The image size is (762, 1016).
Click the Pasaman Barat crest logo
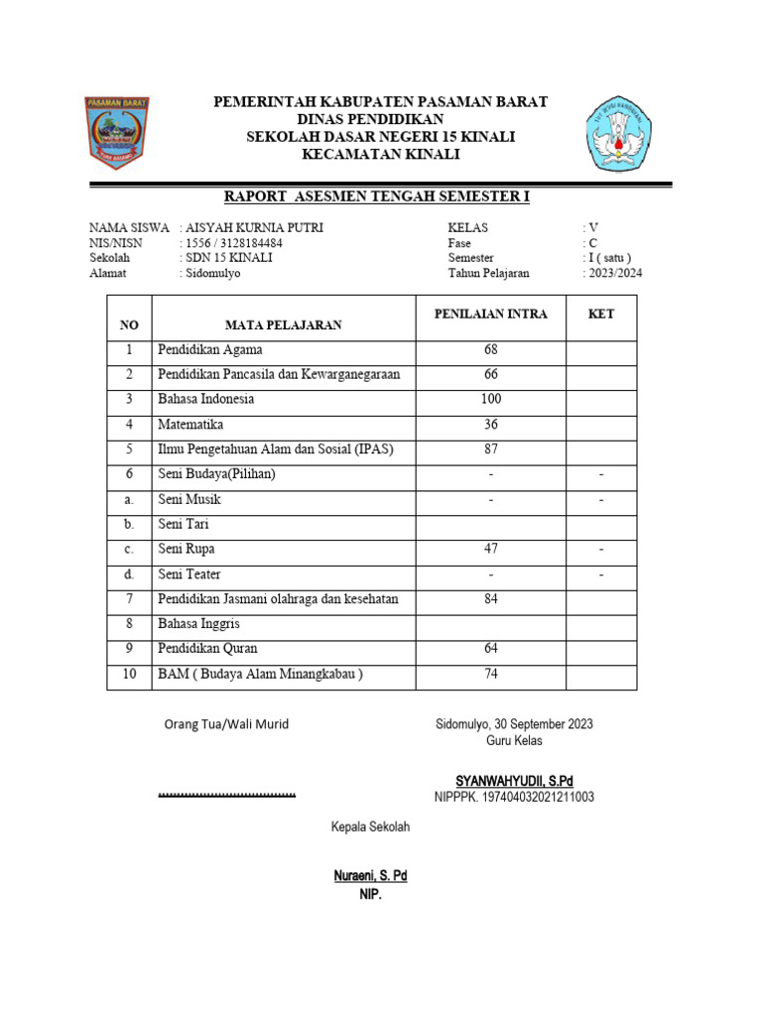(117, 133)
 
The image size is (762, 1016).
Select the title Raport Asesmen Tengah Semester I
(377, 197)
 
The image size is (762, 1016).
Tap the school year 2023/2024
(613, 273)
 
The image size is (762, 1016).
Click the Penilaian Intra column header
(490, 315)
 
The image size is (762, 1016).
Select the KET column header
(600, 315)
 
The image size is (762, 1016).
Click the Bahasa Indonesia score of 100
(490, 399)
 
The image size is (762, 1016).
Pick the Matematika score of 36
(490, 425)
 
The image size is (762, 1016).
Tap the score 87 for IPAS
(490, 449)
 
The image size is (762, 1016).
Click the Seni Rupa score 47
(490, 549)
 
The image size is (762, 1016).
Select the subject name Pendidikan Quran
(207, 649)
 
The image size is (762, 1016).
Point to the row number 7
(128, 599)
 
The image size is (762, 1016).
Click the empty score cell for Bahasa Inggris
(490, 624)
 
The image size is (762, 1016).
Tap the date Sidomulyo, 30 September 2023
(514, 724)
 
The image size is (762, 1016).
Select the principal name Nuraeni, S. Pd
(370, 876)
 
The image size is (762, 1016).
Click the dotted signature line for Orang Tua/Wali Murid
(227, 795)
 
